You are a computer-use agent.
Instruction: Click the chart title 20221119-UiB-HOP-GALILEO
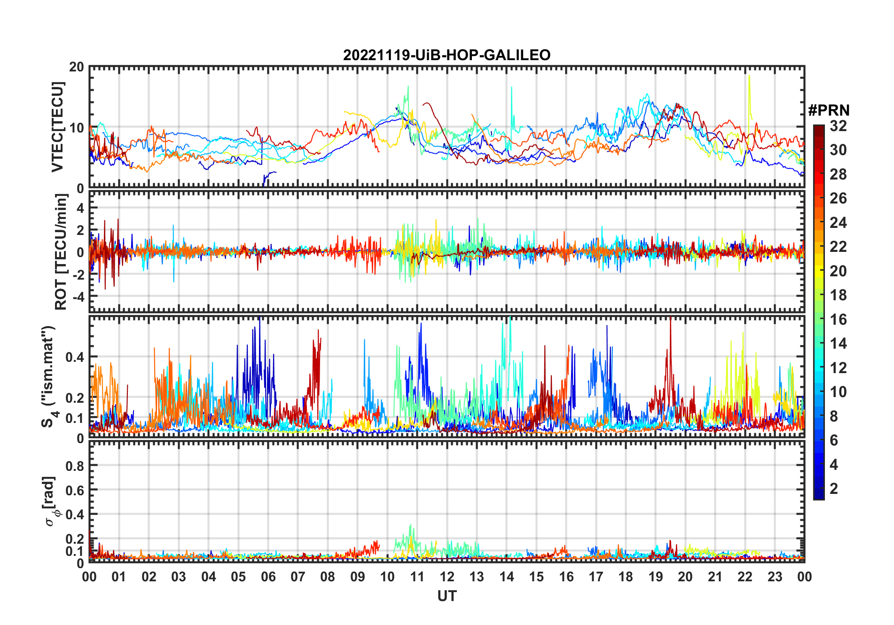coord(447,55)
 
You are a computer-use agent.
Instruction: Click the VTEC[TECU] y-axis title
coord(58,127)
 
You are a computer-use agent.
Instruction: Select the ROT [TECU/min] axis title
coord(61,252)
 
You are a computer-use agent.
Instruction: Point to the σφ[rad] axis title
coord(51,501)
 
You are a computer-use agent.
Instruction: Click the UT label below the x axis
coord(447,596)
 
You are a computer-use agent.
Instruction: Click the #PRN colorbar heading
coord(829,110)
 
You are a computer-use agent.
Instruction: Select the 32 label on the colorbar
coord(838,126)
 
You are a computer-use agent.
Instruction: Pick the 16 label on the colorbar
coord(838,320)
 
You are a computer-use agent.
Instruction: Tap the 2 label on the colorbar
coord(834,489)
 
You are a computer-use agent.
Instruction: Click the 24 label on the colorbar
coord(838,223)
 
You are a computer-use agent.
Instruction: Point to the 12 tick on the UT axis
coord(447,577)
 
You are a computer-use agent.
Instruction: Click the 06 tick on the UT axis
coord(268,577)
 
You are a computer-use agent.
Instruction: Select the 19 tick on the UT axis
coord(656,577)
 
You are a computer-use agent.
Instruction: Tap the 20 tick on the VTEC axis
coord(77,67)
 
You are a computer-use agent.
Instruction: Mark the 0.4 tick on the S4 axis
coord(75,357)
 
